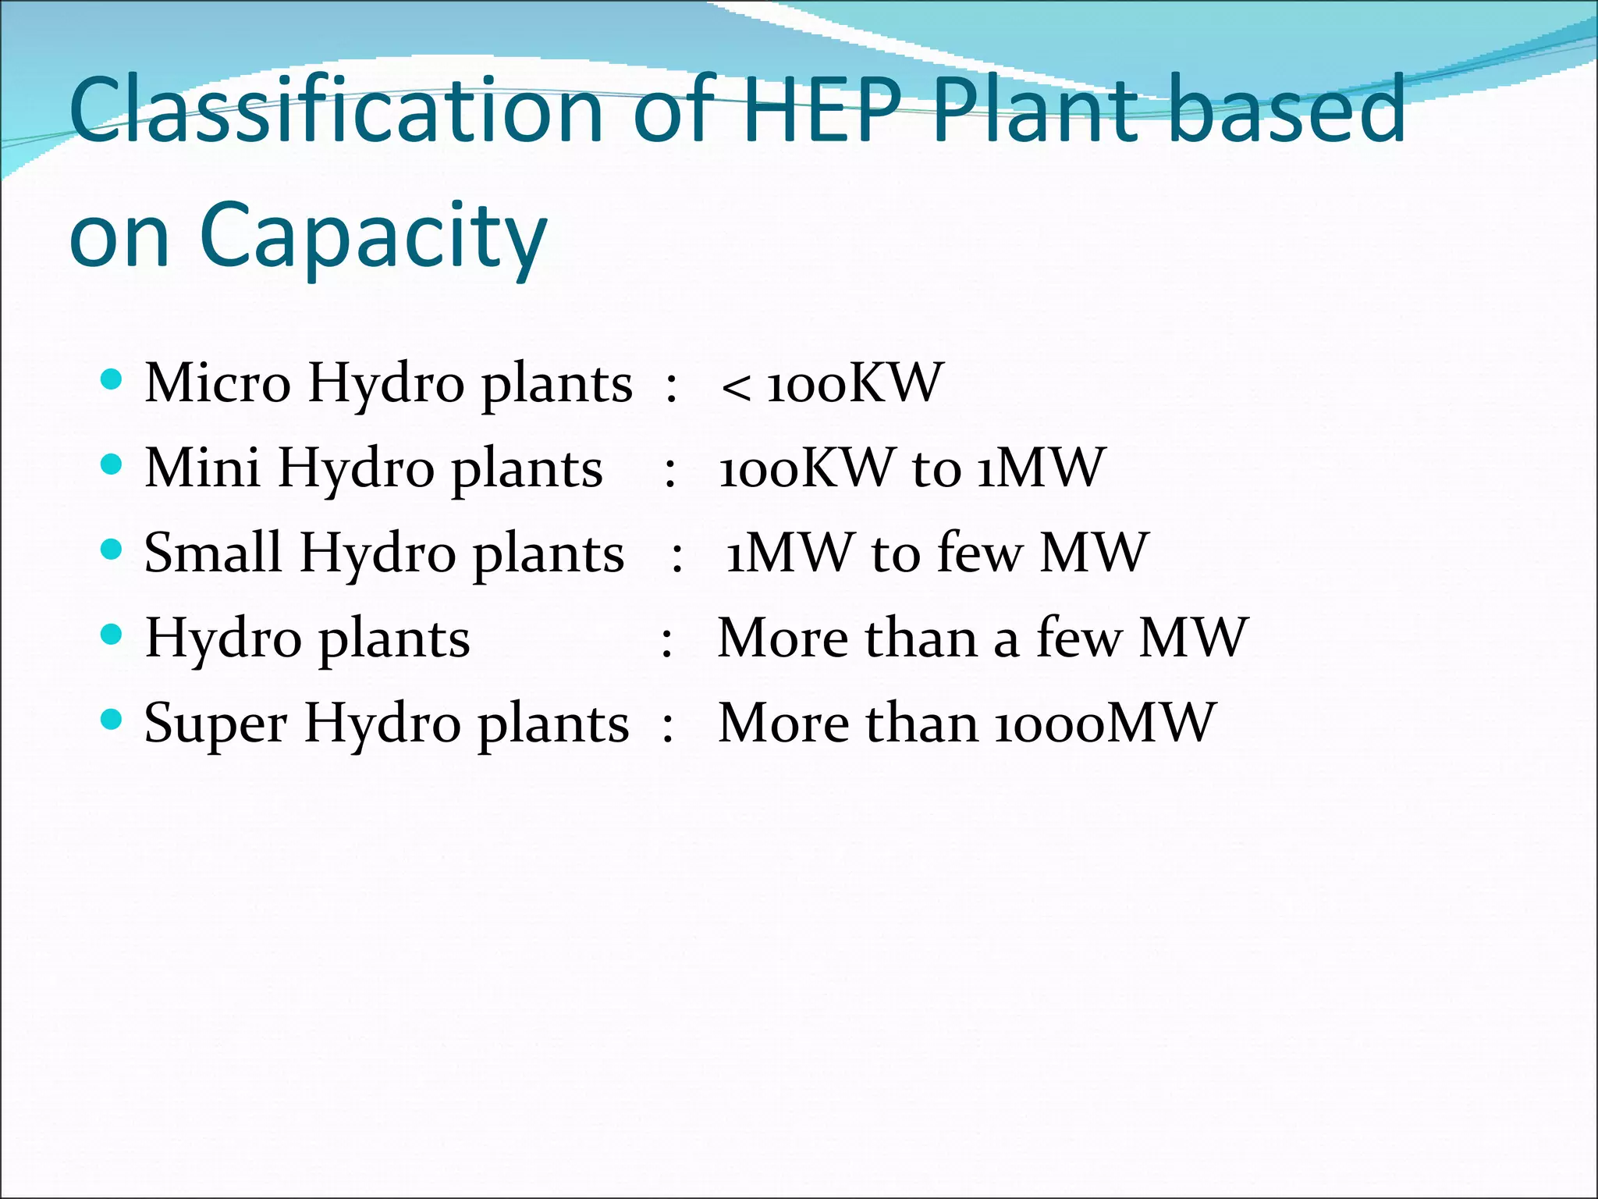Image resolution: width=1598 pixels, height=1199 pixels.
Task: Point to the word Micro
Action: pyautogui.click(x=218, y=383)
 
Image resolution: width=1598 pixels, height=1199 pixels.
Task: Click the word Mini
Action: pyautogui.click(x=202, y=468)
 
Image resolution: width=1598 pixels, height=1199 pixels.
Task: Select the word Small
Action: pyautogui.click(x=212, y=553)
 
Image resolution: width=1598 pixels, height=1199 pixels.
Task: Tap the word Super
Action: pyautogui.click(x=215, y=723)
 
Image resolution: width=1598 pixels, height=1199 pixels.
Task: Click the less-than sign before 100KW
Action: pyautogui.click(x=736, y=386)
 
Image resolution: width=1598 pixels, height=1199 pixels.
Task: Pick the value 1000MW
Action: pyautogui.click(x=1105, y=723)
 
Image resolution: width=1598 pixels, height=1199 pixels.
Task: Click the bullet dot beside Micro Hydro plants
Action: pyautogui.click(x=112, y=380)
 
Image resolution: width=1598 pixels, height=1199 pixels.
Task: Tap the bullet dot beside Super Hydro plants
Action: pyautogui.click(x=112, y=719)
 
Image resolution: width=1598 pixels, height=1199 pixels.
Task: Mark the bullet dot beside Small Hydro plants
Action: pyautogui.click(x=112, y=550)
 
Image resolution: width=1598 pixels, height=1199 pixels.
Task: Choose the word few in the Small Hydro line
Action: pyautogui.click(x=979, y=553)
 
